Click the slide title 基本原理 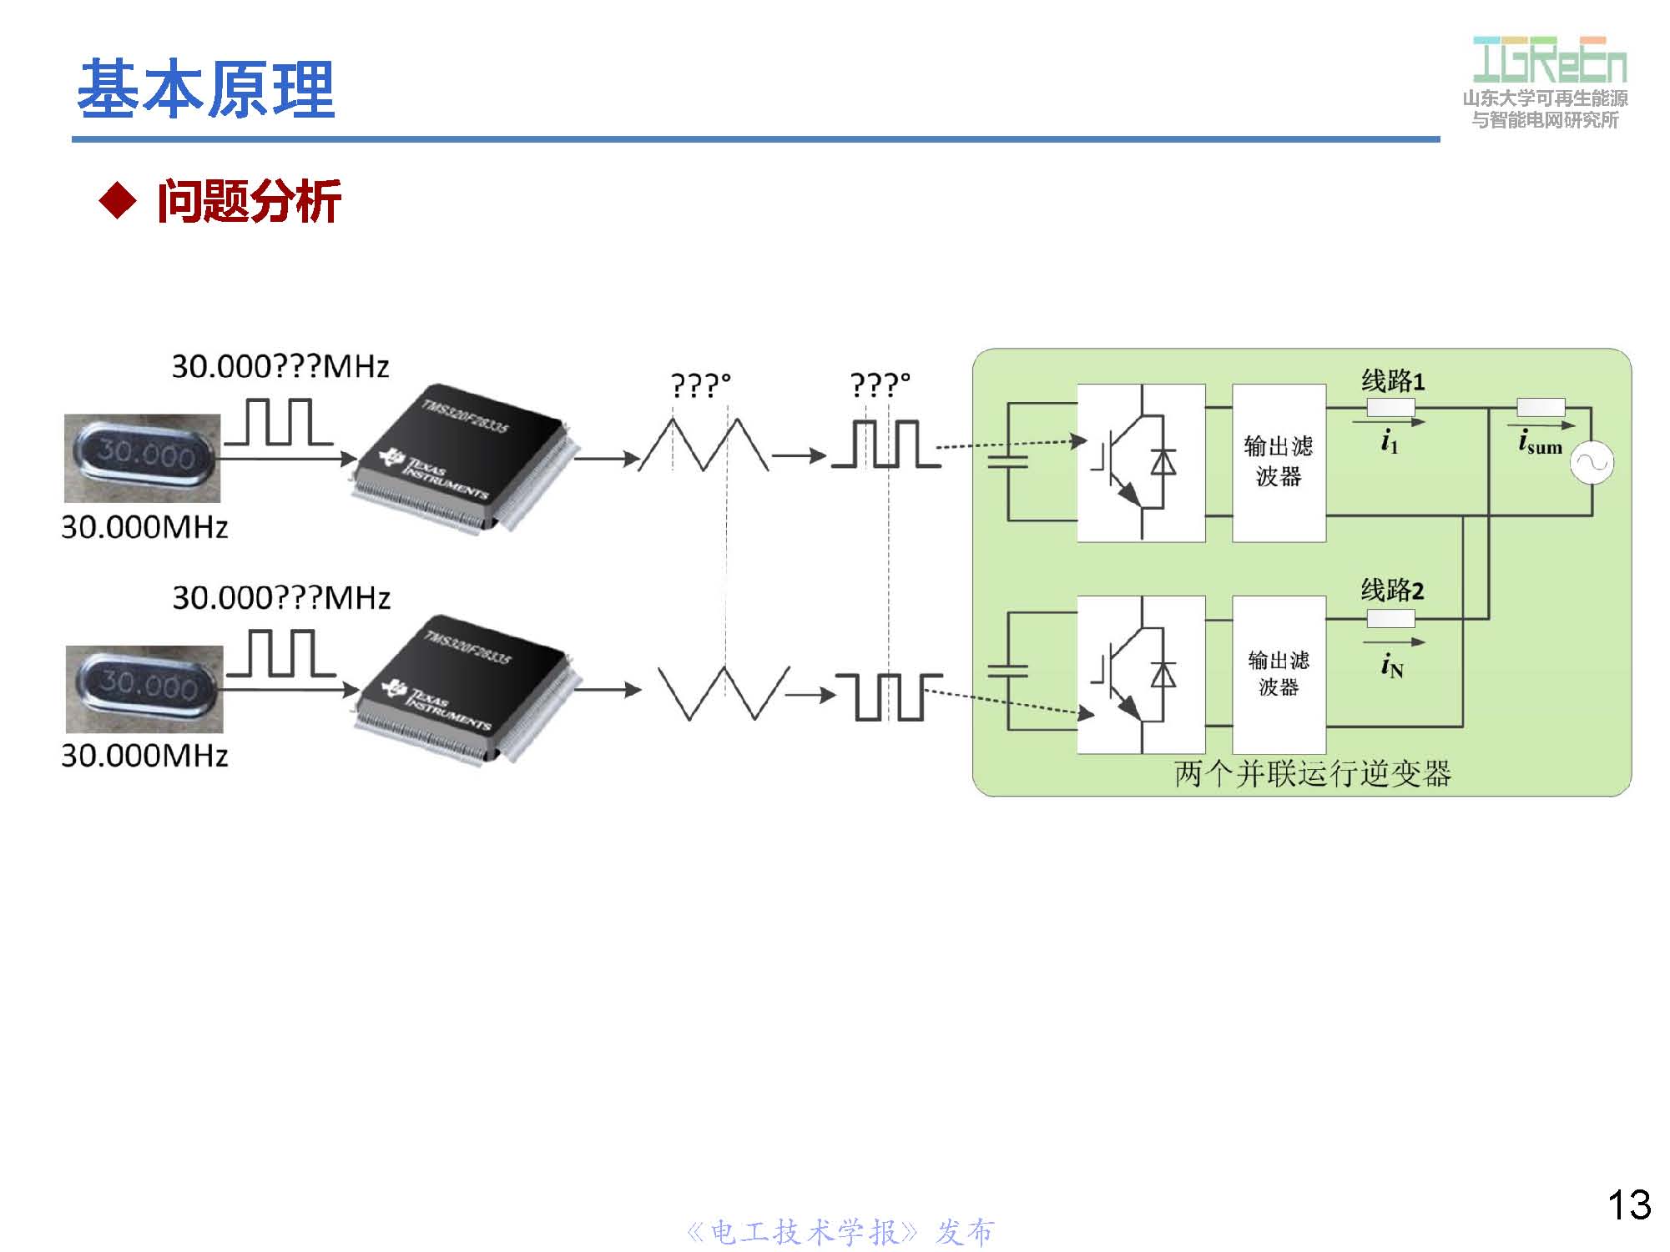[x=205, y=88]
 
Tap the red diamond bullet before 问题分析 [x=117, y=201]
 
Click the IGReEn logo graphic [x=1549, y=60]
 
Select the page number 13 [x=1628, y=1204]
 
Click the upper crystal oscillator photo [x=143, y=458]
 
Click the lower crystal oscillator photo [x=144, y=688]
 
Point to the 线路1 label [x=1392, y=381]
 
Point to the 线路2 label [x=1392, y=590]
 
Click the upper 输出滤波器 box [x=1278, y=462]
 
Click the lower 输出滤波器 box [x=1278, y=674]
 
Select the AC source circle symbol [x=1591, y=463]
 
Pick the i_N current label [x=1391, y=666]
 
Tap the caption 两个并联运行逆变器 [x=1312, y=774]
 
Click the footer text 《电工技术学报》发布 [x=840, y=1232]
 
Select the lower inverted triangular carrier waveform [x=723, y=692]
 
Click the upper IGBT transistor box [x=1140, y=462]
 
